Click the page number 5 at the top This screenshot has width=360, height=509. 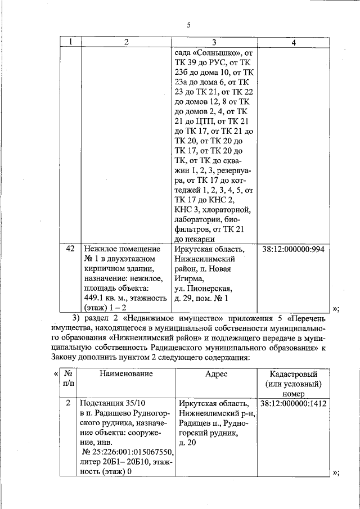click(x=189, y=25)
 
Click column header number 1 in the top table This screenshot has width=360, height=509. click(x=70, y=42)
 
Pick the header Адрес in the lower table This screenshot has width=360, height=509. click(x=215, y=374)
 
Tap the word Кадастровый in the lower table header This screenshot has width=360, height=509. click(x=294, y=374)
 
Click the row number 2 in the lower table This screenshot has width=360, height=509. click(x=68, y=404)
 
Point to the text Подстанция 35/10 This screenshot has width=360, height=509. click(x=112, y=404)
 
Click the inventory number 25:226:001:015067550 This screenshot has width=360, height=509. click(x=130, y=452)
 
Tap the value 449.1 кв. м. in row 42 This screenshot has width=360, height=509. click(x=106, y=298)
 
